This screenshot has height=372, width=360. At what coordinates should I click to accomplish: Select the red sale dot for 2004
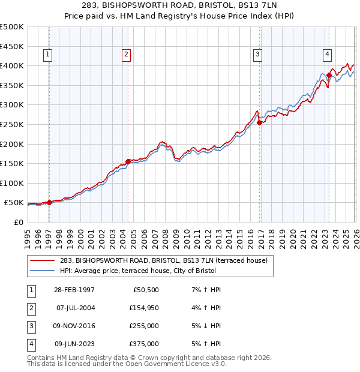[128, 161]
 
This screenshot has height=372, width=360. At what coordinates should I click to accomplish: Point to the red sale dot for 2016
[260, 122]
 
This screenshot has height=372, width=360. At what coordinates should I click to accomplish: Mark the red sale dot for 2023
[329, 75]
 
